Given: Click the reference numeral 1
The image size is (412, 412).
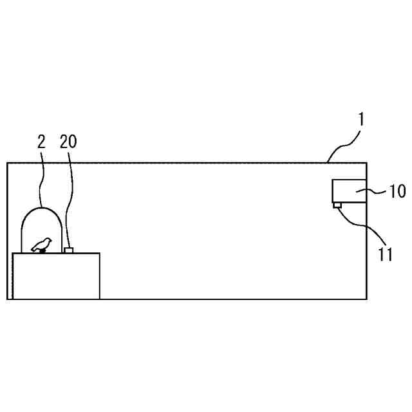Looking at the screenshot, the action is pyautogui.click(x=361, y=120).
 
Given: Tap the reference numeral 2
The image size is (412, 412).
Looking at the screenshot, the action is pyautogui.click(x=41, y=142).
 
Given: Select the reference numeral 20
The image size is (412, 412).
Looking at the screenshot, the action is pyautogui.click(x=68, y=142).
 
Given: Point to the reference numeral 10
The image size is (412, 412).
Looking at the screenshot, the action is pyautogui.click(x=398, y=191).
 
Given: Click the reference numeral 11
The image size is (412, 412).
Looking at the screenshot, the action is pyautogui.click(x=385, y=254).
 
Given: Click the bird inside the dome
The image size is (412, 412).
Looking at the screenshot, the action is pyautogui.click(x=41, y=245).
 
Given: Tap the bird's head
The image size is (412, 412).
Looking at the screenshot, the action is pyautogui.click(x=48, y=240).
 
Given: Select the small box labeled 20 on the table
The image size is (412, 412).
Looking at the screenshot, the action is pyautogui.click(x=69, y=250).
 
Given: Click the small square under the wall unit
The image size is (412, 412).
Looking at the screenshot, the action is pyautogui.click(x=337, y=205).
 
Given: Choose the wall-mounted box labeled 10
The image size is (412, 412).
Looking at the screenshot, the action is pyautogui.click(x=349, y=191).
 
